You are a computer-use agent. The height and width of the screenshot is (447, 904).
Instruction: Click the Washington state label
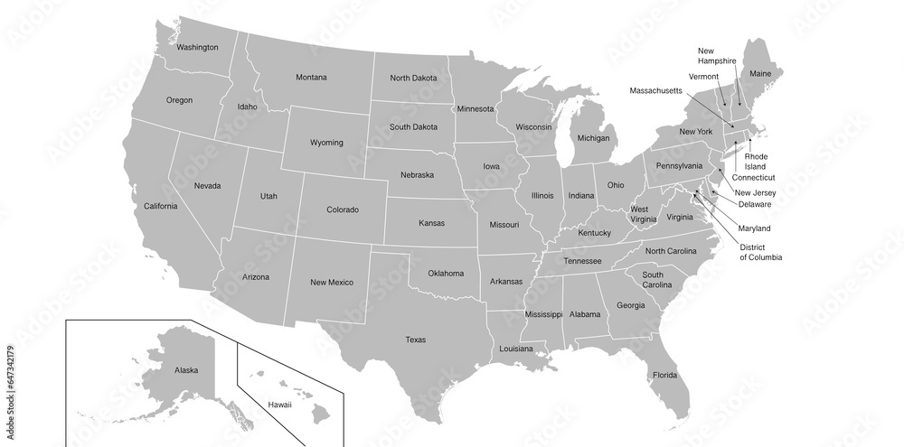coord(197,47)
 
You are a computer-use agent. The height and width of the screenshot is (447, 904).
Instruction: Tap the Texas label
coord(415,340)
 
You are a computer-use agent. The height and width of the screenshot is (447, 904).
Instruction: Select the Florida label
coord(664,374)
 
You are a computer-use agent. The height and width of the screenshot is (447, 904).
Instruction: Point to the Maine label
coord(760,72)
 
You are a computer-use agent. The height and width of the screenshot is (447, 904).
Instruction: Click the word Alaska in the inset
coord(186,370)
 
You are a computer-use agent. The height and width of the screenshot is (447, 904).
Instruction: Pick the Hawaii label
coord(279,405)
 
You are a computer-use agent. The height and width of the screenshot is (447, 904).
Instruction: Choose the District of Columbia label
coord(760,252)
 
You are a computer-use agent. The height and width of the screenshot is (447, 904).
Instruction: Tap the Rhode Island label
coord(756,162)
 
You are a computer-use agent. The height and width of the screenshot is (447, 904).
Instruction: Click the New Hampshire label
coord(716,55)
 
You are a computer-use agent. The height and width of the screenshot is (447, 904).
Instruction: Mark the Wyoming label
coord(326,143)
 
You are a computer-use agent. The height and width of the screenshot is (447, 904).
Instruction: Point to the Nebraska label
coord(417,175)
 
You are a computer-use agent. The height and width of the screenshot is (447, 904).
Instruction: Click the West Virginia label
coord(644,214)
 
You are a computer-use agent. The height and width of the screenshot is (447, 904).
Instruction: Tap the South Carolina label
coord(658,279)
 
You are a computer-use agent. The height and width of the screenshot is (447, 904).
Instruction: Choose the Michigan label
coord(593,138)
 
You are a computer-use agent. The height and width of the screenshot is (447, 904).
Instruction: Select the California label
coord(161,206)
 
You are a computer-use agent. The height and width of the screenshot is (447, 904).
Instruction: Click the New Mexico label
coord(331,283)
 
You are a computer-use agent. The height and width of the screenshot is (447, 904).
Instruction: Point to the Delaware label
coord(754,204)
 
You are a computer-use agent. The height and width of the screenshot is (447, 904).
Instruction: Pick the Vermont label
coord(703,77)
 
